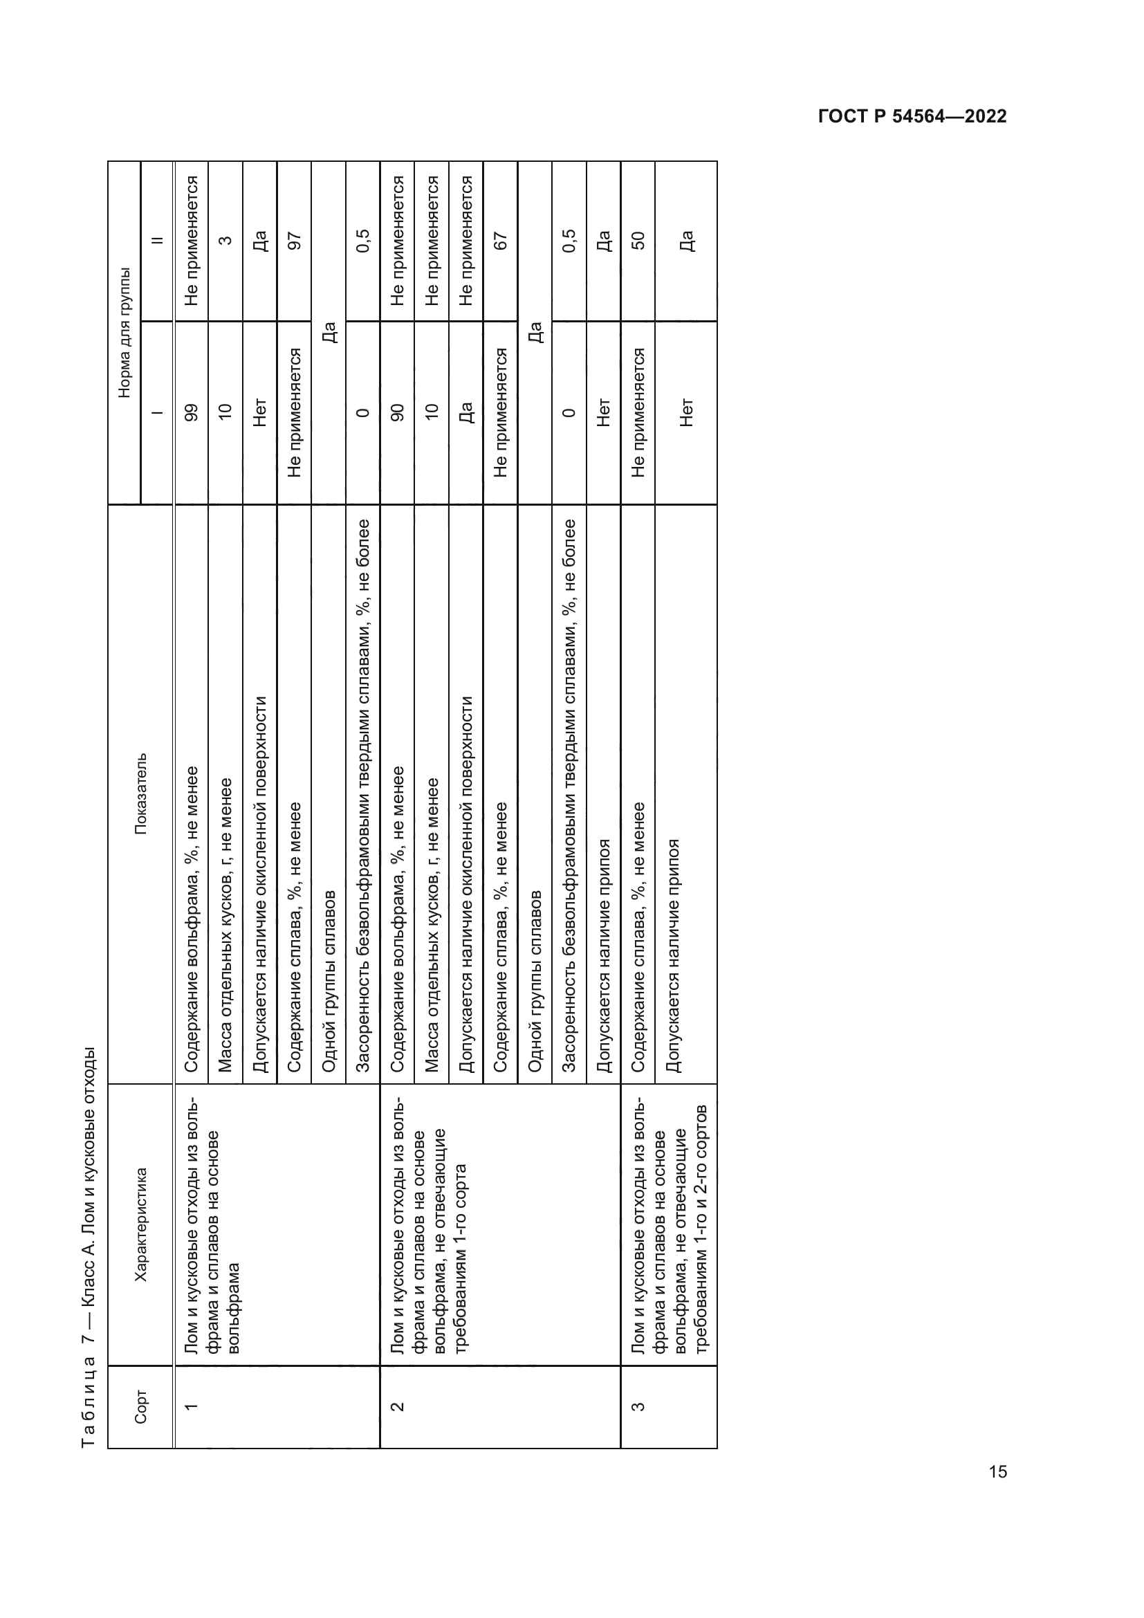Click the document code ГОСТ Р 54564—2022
[x=912, y=116]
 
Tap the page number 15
[x=997, y=1471]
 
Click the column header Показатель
[x=141, y=793]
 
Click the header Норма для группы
[x=124, y=332]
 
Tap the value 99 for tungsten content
[x=191, y=412]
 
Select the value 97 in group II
[x=295, y=241]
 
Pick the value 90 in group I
[x=397, y=412]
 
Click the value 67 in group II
[x=501, y=241]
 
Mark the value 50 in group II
[x=638, y=241]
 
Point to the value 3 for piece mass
[x=225, y=241]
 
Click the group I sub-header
[x=157, y=412]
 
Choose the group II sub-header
[x=157, y=241]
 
